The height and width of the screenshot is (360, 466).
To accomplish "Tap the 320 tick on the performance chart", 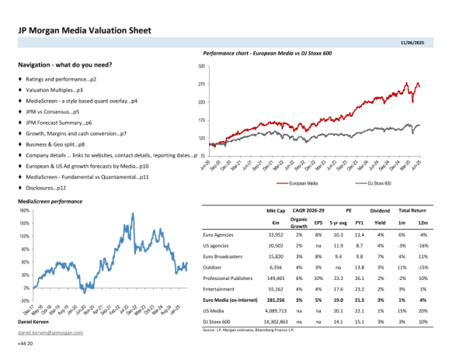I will click(x=201, y=67).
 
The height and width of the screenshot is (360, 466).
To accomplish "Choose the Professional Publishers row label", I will click(x=228, y=276).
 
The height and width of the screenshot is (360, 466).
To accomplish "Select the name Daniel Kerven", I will click(x=34, y=321).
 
